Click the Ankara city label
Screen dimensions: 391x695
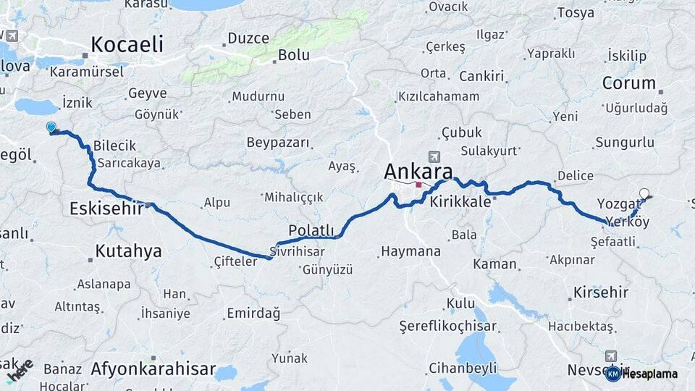(x=418, y=172)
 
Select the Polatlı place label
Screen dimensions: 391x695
(x=311, y=230)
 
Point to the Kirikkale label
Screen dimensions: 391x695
(x=460, y=203)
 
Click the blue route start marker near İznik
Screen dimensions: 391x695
(x=51, y=127)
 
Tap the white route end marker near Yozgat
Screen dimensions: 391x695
(x=644, y=193)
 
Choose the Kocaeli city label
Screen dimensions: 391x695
(x=127, y=44)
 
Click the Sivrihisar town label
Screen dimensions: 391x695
(x=295, y=251)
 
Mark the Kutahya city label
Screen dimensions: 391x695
(x=128, y=251)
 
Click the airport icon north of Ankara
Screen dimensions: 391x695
(x=434, y=156)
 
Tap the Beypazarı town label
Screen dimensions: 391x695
(x=278, y=143)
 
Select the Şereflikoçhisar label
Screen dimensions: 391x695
(x=449, y=327)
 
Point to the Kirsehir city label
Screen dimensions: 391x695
(x=600, y=293)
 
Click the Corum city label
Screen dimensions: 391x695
(x=628, y=83)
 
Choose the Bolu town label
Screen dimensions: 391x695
(x=294, y=55)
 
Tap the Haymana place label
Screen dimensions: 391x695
(x=410, y=252)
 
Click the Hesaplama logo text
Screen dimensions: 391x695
(x=649, y=374)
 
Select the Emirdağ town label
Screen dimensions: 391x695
(x=253, y=313)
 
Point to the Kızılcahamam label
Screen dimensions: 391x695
(x=439, y=96)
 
